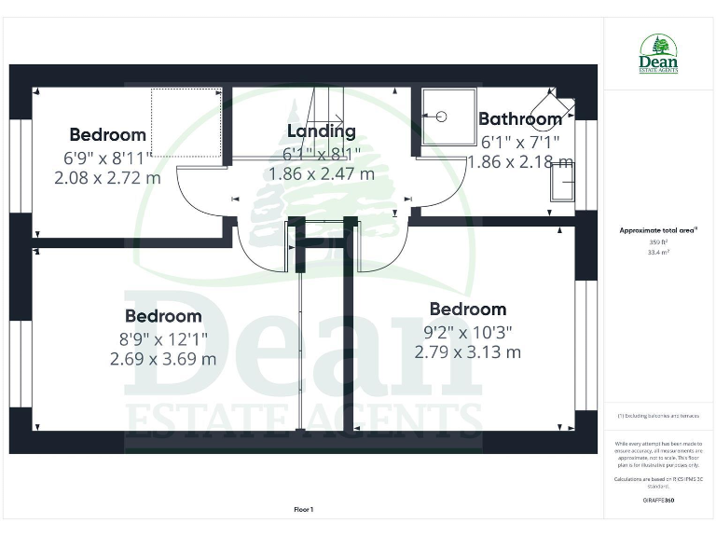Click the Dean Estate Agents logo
[658, 55]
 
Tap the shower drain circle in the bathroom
[442, 117]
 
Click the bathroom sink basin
[563, 181]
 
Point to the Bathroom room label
[519, 119]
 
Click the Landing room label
[321, 131]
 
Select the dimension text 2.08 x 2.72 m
[108, 176]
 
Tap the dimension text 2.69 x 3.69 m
[163, 358]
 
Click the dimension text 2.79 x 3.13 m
[467, 351]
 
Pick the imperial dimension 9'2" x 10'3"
[467, 331]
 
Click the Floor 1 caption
[304, 509]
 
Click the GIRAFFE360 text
[658, 501]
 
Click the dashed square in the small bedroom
[186, 122]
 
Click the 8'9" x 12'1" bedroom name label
[163, 317]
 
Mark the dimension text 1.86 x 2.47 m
[321, 173]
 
